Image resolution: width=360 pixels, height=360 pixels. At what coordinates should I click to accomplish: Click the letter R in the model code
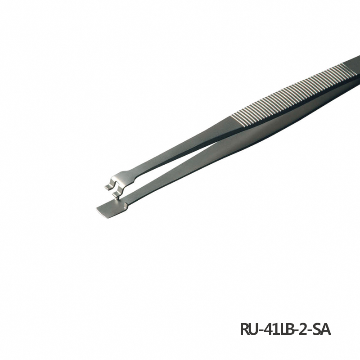(245, 329)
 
